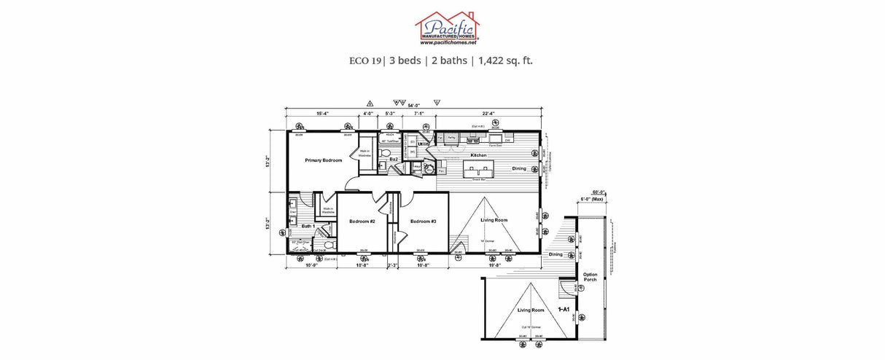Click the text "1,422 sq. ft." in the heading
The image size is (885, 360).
tap(505, 60)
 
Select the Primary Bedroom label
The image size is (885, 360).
tap(323, 160)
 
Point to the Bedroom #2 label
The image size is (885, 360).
tap(362, 221)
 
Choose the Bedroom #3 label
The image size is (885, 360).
tap(423, 221)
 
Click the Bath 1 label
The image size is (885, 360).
tap(308, 227)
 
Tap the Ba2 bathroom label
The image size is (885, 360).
tap(393, 158)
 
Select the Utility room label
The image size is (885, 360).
tap(424, 144)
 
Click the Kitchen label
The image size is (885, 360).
tap(478, 155)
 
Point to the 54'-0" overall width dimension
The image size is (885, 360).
tap(414, 106)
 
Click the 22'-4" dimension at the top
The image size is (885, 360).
tap(489, 113)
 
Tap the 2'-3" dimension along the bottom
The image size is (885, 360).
tap(391, 265)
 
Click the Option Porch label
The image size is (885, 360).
tap(590, 277)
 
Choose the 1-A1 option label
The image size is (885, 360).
tap(563, 309)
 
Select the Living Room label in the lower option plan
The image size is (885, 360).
tap(531, 310)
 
